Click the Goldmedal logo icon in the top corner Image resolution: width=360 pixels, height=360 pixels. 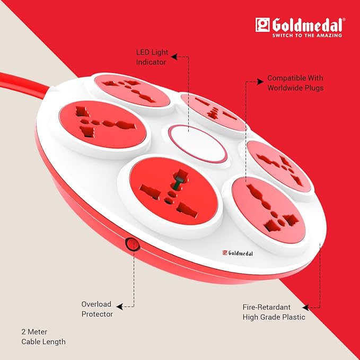coord(262,25)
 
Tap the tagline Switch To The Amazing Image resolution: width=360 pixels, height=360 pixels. coord(307,36)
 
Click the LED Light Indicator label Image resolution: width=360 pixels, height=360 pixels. coord(152,57)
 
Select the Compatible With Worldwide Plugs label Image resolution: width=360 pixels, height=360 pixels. coord(295,83)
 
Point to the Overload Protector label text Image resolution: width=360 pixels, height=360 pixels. coord(97,309)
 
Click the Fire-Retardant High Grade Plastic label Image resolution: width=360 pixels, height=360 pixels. coord(274,312)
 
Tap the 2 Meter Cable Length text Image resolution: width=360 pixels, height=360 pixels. coord(43,337)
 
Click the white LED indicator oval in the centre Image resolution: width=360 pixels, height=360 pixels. coord(198,144)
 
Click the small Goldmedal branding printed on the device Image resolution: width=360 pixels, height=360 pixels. coord(238,253)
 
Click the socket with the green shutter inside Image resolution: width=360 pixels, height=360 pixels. coord(173,191)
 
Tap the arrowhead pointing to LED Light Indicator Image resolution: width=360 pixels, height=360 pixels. coord(174,57)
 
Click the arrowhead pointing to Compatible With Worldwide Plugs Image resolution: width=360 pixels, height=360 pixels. coord(260,82)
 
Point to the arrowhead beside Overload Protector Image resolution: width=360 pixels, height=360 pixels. coord(119,306)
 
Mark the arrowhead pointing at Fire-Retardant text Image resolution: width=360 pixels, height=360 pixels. coord(305,308)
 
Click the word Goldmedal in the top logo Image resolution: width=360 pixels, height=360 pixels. coord(308,25)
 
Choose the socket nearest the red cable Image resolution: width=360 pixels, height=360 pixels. coord(132,91)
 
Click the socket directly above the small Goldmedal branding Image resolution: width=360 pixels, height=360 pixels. coord(269,210)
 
